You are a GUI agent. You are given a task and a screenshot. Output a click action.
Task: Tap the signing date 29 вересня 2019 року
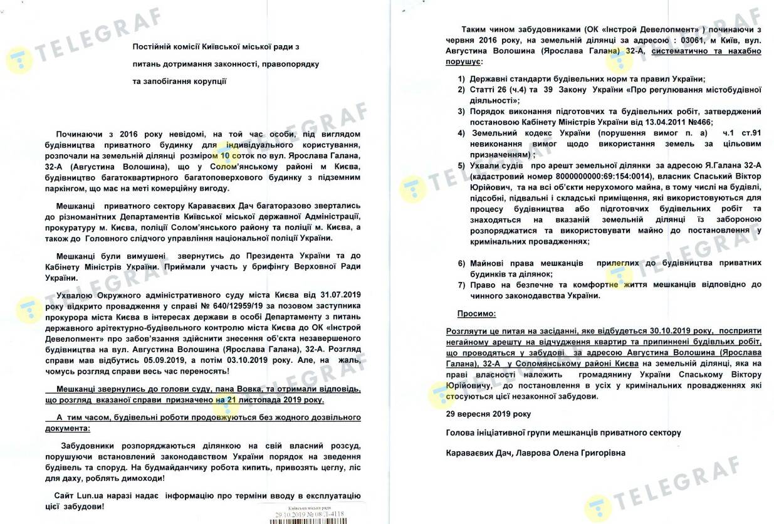tap(488, 414)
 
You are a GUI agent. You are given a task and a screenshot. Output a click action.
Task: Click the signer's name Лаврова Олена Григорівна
tap(570, 452)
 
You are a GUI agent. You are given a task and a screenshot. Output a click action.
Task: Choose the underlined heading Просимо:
tap(476, 312)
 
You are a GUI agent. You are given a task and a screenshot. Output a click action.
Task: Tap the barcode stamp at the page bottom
tap(310, 514)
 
